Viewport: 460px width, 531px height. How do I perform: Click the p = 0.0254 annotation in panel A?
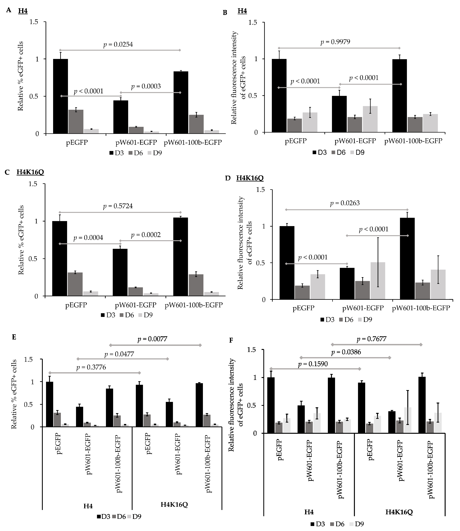point(118,44)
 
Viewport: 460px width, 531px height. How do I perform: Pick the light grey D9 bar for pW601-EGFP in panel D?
point(378,281)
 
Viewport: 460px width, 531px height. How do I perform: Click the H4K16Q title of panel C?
point(30,172)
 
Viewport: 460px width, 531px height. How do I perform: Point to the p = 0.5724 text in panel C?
point(118,206)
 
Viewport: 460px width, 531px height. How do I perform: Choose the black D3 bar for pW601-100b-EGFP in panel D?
point(407,259)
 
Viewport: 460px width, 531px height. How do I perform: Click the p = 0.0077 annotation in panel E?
point(153,339)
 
